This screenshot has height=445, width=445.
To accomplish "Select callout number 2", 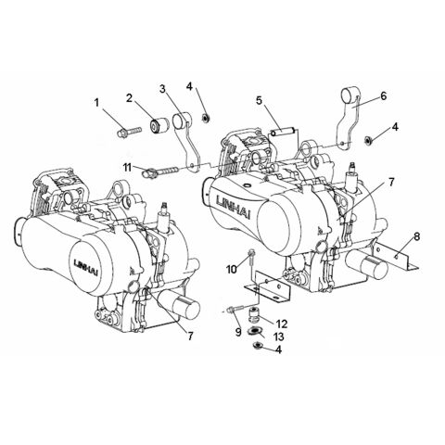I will pos(131,97).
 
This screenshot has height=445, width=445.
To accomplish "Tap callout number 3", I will pos(161,89).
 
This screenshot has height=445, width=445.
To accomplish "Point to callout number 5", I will pos(261,99).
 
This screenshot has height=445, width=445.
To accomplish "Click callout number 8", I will pos(415,237).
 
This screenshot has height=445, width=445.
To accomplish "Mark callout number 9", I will pos(239,332).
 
